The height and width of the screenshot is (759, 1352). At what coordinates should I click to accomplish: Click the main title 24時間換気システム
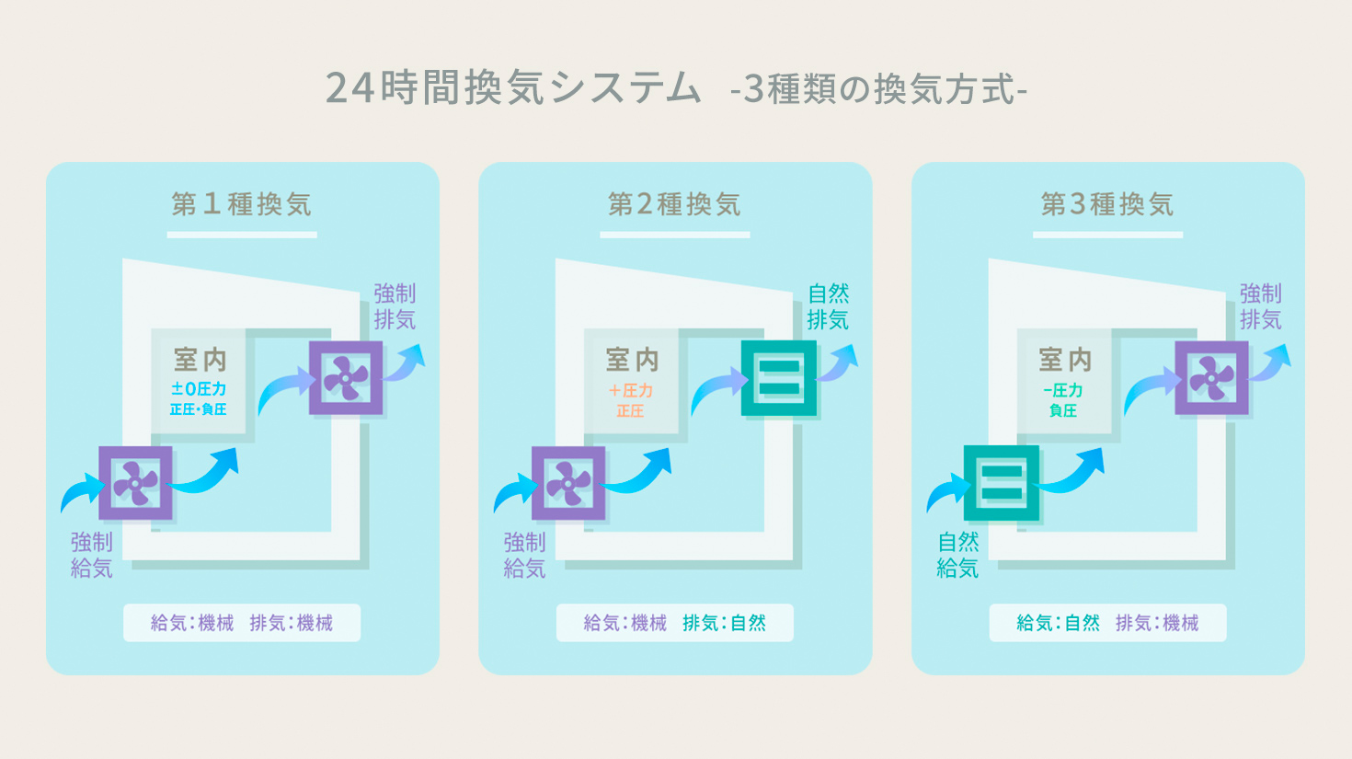tap(513, 88)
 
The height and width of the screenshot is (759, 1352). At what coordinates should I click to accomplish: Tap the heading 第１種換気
tap(242, 204)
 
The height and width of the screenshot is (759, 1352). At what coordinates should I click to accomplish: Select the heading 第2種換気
tap(674, 204)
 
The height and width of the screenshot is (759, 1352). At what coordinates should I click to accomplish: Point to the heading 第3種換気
tap(1107, 204)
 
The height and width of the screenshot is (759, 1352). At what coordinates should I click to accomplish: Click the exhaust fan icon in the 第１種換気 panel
tap(346, 378)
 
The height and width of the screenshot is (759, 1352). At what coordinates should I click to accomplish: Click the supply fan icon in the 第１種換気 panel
tap(135, 483)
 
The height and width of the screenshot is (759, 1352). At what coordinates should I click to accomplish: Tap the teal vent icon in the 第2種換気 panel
tap(779, 378)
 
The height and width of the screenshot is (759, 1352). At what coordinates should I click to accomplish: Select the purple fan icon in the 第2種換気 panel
tap(568, 483)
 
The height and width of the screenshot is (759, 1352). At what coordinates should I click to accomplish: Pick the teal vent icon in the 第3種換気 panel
tap(1002, 483)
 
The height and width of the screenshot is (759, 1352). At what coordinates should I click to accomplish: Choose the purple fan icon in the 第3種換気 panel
tap(1212, 378)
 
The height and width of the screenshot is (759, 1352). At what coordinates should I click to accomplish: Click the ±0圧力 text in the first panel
tap(199, 389)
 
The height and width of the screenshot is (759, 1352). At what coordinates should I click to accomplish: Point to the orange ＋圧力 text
tap(631, 390)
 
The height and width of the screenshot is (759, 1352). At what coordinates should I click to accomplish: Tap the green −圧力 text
tap(1063, 390)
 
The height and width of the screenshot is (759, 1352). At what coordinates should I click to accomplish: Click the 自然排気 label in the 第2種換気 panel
tap(828, 306)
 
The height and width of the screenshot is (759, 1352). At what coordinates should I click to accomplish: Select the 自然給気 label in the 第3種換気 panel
tap(957, 555)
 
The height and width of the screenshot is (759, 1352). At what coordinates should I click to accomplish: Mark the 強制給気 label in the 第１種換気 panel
tap(92, 555)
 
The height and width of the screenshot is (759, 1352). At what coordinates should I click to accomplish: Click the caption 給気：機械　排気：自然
tap(674, 623)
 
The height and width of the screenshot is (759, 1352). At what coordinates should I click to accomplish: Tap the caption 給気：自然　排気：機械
tap(1107, 623)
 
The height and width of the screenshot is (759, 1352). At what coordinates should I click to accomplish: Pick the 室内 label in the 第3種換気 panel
tap(1065, 359)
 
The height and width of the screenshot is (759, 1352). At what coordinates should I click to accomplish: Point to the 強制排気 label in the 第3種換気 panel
tap(1260, 306)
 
